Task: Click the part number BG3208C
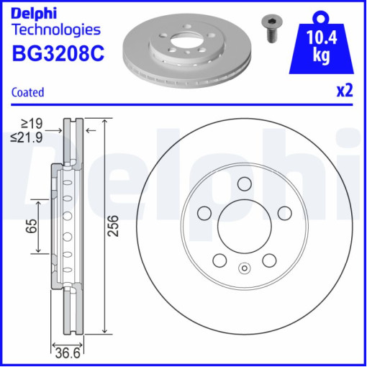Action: click(58, 53)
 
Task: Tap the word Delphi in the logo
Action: click(34, 13)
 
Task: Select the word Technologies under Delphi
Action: click(56, 30)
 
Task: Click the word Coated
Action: click(28, 92)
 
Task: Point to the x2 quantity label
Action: click(345, 91)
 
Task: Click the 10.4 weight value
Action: click(322, 37)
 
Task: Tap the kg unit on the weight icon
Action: click(322, 56)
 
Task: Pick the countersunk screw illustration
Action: click(272, 28)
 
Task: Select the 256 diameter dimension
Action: click(113, 226)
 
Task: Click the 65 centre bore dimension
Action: click(32, 226)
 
